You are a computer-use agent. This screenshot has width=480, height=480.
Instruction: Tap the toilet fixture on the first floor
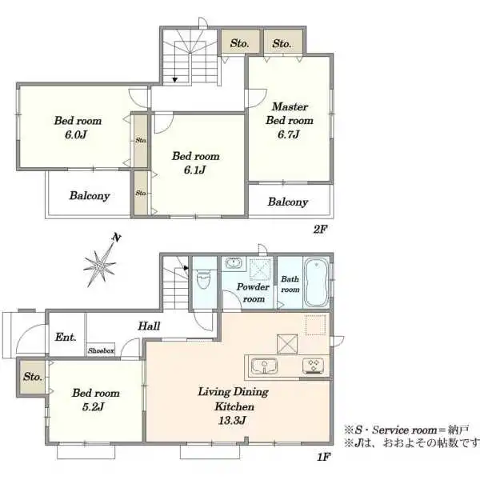click(x=203, y=279)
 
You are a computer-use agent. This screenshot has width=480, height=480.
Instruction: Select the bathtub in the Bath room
click(x=317, y=282)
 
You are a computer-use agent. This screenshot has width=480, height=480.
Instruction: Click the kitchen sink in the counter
click(x=264, y=366)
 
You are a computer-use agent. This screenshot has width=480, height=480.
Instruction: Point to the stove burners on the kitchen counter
click(x=314, y=366)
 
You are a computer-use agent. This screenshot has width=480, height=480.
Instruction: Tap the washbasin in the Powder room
click(x=234, y=263)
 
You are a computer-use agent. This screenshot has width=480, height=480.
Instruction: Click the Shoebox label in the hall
click(x=101, y=350)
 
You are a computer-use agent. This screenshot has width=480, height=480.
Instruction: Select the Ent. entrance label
click(x=66, y=337)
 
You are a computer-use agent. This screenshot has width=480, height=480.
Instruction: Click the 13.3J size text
click(x=232, y=420)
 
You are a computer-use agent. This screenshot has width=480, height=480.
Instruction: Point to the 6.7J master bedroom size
click(x=288, y=134)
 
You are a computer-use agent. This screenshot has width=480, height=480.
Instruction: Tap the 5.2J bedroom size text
click(x=93, y=407)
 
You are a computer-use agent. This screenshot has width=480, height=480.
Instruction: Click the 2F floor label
click(x=321, y=229)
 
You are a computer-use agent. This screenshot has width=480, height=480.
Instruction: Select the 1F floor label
click(x=323, y=457)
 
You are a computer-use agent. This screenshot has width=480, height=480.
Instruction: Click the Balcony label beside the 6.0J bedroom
click(x=90, y=196)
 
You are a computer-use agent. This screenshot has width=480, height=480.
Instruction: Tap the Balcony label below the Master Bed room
click(x=288, y=202)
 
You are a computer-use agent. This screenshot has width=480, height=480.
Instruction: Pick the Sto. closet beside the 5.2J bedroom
click(x=33, y=377)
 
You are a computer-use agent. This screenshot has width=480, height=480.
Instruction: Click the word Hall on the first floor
click(x=149, y=326)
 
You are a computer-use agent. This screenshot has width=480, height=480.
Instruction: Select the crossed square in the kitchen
click(x=287, y=344)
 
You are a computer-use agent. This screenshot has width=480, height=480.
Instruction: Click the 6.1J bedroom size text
click(x=194, y=170)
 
